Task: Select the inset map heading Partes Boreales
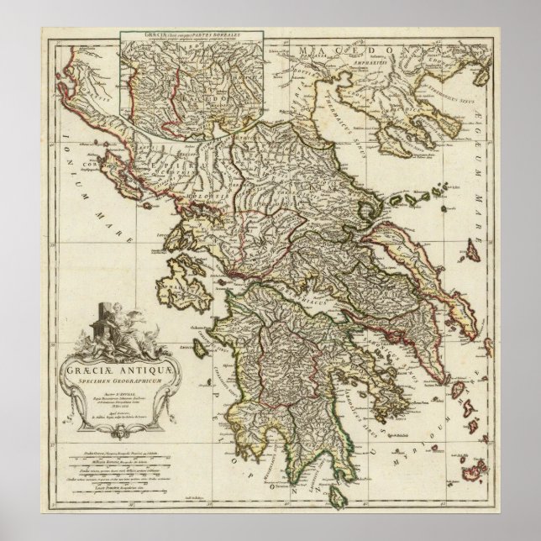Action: pyautogui.click(x=194, y=37)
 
